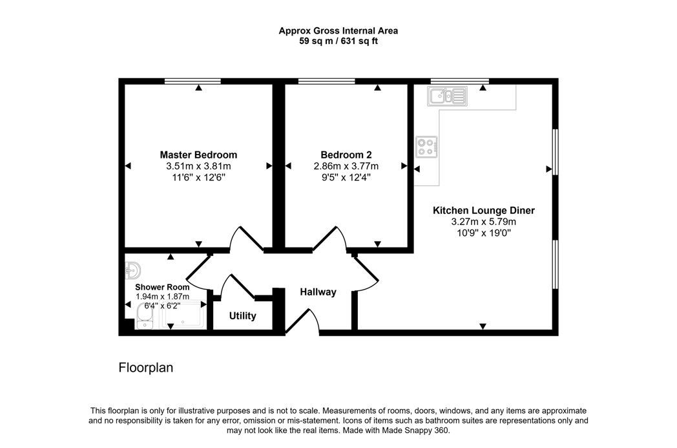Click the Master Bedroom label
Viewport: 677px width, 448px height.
point(198,155)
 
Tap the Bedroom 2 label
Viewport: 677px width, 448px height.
point(346,155)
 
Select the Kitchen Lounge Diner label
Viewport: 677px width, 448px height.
point(484,210)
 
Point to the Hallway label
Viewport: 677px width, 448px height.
point(318,292)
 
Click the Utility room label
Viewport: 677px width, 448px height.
point(242,316)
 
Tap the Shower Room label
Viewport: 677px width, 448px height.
point(162,287)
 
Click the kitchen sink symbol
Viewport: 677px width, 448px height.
point(447,96)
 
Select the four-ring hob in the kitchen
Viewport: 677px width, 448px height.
point(426,147)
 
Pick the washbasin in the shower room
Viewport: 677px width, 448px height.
point(132,271)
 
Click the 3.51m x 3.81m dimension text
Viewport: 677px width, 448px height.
point(198,166)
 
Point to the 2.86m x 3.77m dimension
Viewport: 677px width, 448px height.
point(346,166)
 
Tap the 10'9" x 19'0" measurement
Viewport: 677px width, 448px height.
point(484,233)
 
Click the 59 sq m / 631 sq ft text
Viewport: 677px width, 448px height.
point(338,41)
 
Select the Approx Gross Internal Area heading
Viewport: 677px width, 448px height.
point(338,30)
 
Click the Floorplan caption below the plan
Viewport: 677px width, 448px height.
point(146,368)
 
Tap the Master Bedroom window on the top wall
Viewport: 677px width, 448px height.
point(193,81)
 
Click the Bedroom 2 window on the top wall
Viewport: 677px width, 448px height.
point(326,81)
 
